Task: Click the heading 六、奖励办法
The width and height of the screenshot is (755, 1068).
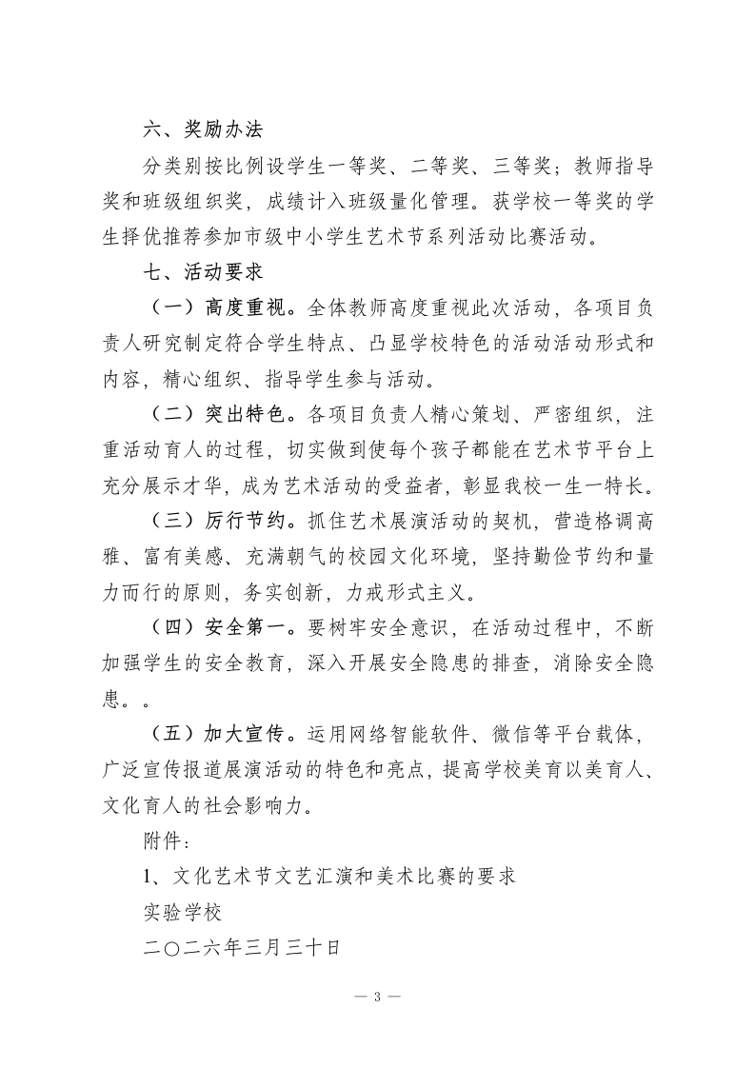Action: click(x=200, y=129)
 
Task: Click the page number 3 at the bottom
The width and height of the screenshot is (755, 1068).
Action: click(x=377, y=997)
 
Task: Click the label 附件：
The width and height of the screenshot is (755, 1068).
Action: click(x=158, y=841)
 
